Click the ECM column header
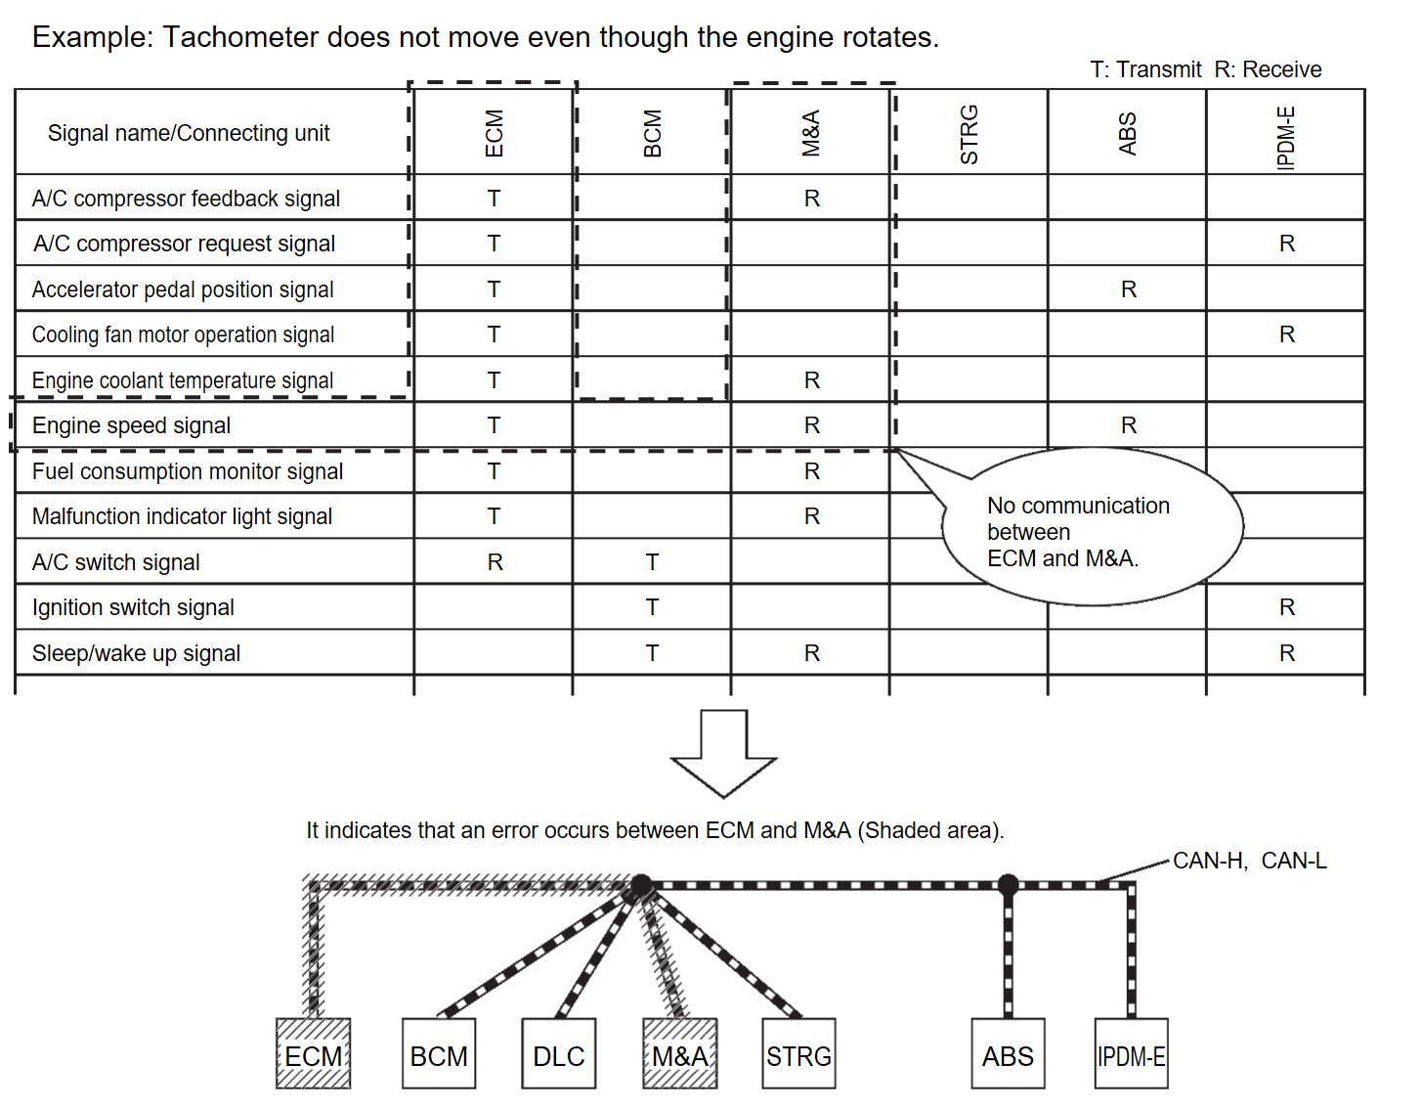tap(494, 133)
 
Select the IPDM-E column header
tap(1286, 137)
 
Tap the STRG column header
tap(969, 134)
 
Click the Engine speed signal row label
tap(131, 425)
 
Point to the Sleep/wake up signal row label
tap(136, 653)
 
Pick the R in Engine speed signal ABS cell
tap(1128, 425)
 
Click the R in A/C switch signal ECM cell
tap(495, 562)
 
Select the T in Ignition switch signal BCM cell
tap(652, 607)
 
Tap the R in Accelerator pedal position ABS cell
tap(1128, 289)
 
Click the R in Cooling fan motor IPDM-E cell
tap(1286, 334)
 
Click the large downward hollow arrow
tap(723, 753)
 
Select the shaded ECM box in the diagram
tap(313, 1054)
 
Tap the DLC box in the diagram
tap(559, 1054)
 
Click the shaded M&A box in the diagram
tap(680, 1054)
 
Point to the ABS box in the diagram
tap(1008, 1054)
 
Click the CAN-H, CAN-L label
tap(1249, 861)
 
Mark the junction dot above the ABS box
tap(1008, 885)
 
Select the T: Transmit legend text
tap(1145, 69)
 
